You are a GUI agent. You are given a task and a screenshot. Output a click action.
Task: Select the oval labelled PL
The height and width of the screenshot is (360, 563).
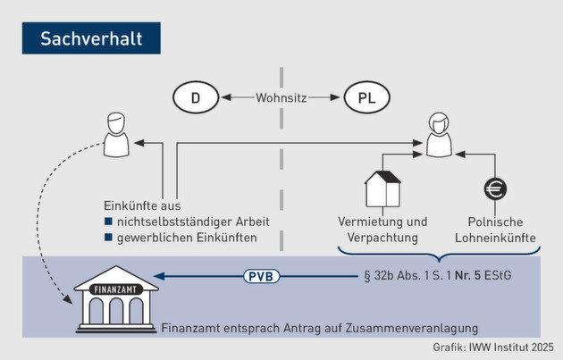pos(367,96)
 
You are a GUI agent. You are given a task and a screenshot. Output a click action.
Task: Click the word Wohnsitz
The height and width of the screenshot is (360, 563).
pos(281,96)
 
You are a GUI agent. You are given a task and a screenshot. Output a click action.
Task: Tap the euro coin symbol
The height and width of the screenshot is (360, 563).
pos(494,189)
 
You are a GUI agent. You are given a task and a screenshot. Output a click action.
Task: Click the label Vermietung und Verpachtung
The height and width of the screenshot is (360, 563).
pos(382,230)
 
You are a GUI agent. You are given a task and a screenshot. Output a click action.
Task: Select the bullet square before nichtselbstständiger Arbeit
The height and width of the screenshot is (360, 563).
pos(108,222)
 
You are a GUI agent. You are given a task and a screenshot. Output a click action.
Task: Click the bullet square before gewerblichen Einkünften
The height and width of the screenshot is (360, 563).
pos(108,238)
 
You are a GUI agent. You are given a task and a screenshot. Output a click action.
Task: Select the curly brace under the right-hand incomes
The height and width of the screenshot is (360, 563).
pos(438,255)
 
